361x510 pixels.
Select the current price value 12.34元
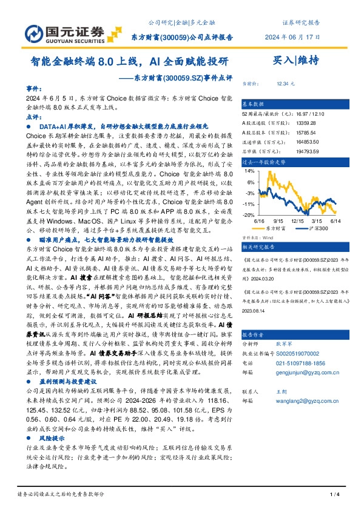point(285,83)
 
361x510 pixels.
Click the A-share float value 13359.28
point(288,122)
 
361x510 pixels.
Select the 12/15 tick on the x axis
point(298,222)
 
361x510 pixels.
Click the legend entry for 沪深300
point(315,228)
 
